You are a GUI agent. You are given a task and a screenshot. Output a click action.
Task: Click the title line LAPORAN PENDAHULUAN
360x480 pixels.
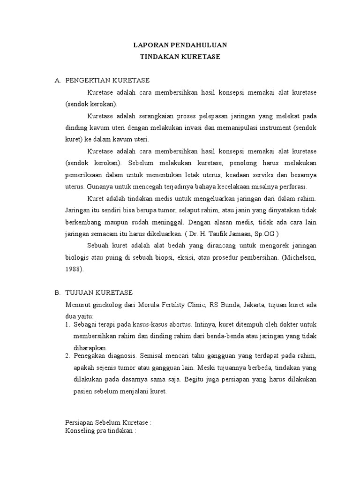pyautogui.click(x=180, y=45)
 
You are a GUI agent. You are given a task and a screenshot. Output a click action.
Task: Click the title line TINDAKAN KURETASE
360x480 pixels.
pyautogui.click(x=180, y=57)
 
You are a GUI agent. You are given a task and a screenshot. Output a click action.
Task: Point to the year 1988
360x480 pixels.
pyautogui.click(x=74, y=269)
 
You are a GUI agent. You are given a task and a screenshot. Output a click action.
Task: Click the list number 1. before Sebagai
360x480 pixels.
pyautogui.click(x=67, y=324)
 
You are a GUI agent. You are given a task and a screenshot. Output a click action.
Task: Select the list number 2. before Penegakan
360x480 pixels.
pyautogui.click(x=67, y=356)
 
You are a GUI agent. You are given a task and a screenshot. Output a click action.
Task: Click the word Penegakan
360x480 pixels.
pyautogui.click(x=90, y=356)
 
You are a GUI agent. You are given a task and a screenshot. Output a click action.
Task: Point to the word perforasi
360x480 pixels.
pyautogui.click(x=292, y=186)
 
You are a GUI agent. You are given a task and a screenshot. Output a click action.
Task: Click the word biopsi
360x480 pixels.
pyautogui.click(x=174, y=257)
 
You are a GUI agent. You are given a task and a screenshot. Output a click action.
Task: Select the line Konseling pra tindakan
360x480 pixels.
pyautogui.click(x=100, y=430)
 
